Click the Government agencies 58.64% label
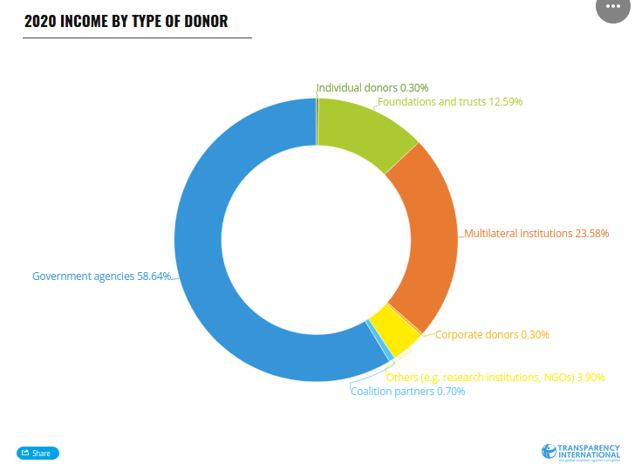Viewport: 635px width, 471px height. (x=101, y=276)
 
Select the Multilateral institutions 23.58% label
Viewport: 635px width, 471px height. (x=531, y=234)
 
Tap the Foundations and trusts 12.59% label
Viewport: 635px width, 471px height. (x=449, y=102)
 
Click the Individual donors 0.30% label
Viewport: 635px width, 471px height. (x=372, y=88)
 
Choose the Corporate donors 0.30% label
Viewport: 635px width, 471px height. (x=492, y=335)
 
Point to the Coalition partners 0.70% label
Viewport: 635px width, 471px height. (x=407, y=392)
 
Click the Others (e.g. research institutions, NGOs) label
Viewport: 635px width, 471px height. (x=495, y=378)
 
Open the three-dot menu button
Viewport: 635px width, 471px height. (x=613, y=6)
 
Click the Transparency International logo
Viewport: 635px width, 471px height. (x=580, y=452)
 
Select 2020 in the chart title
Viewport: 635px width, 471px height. (x=39, y=22)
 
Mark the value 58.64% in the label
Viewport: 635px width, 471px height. (x=154, y=276)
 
